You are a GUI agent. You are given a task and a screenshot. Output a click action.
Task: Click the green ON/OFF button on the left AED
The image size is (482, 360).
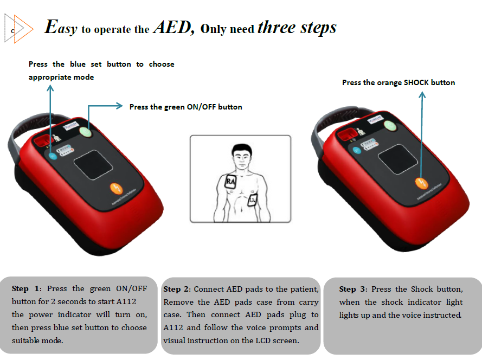click(86, 131)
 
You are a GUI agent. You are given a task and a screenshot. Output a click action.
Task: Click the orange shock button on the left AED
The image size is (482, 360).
click(115, 189)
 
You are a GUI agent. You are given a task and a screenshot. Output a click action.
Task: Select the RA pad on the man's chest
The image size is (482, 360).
click(230, 181)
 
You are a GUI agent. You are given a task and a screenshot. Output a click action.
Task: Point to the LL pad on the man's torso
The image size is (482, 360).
click(253, 201)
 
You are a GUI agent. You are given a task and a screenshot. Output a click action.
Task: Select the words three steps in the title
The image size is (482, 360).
click(297, 27)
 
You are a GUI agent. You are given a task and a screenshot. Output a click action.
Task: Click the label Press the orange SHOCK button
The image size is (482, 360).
click(399, 83)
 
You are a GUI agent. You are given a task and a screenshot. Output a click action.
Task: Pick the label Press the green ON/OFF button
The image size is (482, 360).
click(185, 107)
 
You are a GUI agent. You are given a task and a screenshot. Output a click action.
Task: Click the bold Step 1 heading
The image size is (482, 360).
click(25, 289)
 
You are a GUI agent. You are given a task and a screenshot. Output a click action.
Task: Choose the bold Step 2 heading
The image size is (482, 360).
click(177, 289)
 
